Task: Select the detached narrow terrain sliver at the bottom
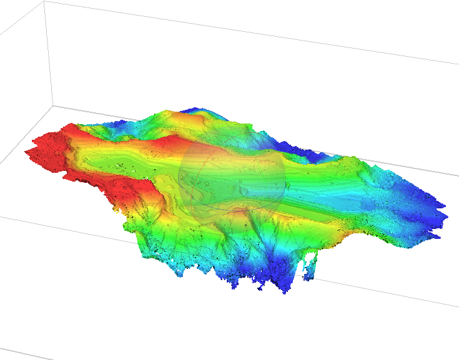pyautogui.click(x=312, y=265)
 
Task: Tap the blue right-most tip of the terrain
pyautogui.click(x=440, y=206)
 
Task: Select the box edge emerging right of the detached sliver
pyautogui.click(x=387, y=289)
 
